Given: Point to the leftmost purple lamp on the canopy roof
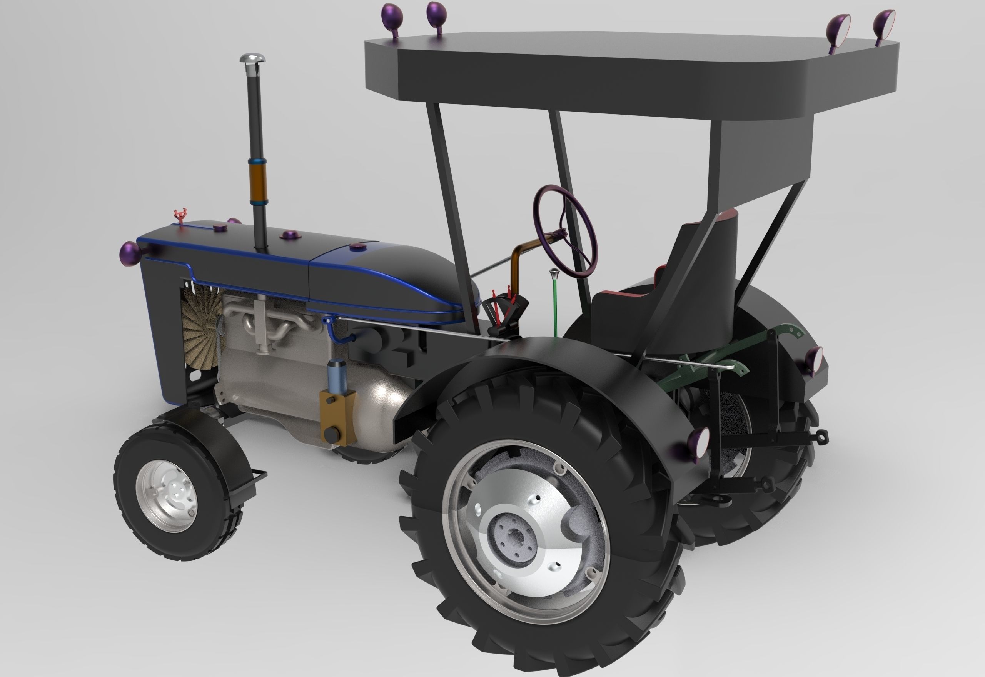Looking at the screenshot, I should point(390,16).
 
